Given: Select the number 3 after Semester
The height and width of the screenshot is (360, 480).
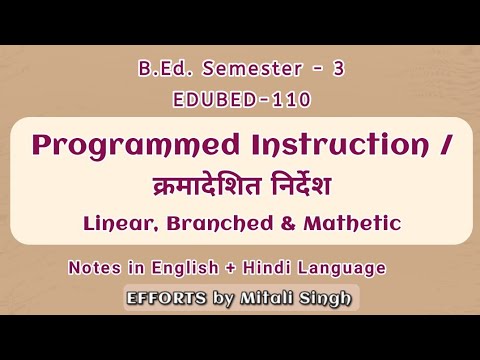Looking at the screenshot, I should (x=338, y=71).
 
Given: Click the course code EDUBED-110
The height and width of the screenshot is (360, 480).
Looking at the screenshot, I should (x=239, y=101).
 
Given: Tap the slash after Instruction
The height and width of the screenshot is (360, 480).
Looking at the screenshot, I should (x=444, y=148).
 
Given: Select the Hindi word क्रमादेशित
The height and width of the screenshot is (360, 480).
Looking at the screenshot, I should (x=191, y=187).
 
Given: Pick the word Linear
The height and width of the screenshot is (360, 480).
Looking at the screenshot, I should (x=112, y=223).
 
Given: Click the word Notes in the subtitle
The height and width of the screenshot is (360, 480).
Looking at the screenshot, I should (x=95, y=269).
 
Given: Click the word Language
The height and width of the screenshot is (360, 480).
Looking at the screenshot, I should (x=346, y=269).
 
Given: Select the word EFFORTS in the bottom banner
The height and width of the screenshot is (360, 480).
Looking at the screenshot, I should (x=165, y=297).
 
